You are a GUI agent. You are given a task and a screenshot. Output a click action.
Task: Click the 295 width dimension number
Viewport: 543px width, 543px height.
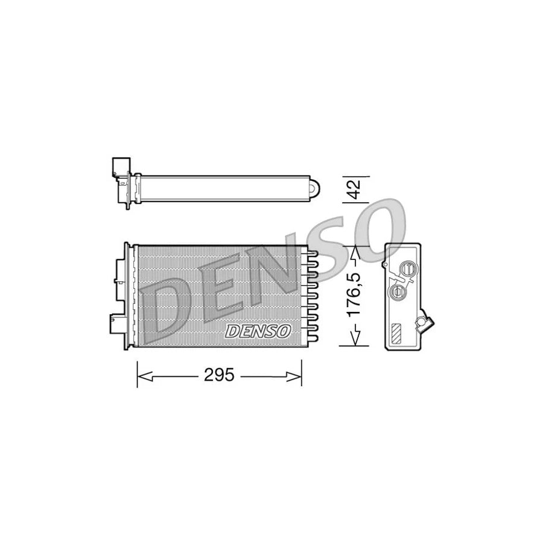[218, 375]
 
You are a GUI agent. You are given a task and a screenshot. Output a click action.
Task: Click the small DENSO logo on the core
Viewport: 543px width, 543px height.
[259, 331]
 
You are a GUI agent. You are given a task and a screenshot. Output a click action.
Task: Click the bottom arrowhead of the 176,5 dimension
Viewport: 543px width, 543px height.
[356, 338]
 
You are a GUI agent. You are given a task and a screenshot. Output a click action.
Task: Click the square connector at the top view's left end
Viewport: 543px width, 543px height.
[119, 166]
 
